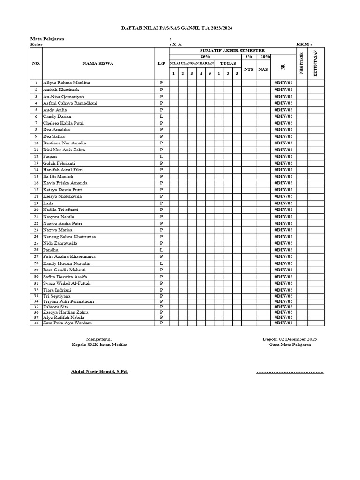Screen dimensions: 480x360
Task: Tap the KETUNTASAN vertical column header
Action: [x=316, y=63]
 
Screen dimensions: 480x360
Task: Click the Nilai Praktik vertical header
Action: [x=301, y=63]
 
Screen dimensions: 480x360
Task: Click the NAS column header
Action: [x=263, y=69]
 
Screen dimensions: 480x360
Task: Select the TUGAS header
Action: [x=228, y=63]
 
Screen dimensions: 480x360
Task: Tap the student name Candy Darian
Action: [x=57, y=116]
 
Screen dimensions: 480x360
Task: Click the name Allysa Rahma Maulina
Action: [x=67, y=83]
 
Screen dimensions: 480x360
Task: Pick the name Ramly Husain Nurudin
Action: [x=67, y=263]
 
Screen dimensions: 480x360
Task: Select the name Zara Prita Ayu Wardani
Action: [x=67, y=323]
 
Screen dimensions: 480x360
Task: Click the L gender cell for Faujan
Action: [x=161, y=156]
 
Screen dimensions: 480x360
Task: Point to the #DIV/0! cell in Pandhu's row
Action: [x=283, y=250]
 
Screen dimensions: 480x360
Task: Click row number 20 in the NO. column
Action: [x=36, y=210]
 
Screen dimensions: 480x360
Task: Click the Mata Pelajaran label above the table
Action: [x=47, y=39]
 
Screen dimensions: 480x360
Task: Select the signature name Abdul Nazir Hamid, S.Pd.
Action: [x=99, y=372]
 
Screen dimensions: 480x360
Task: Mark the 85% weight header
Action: [x=205, y=56]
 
